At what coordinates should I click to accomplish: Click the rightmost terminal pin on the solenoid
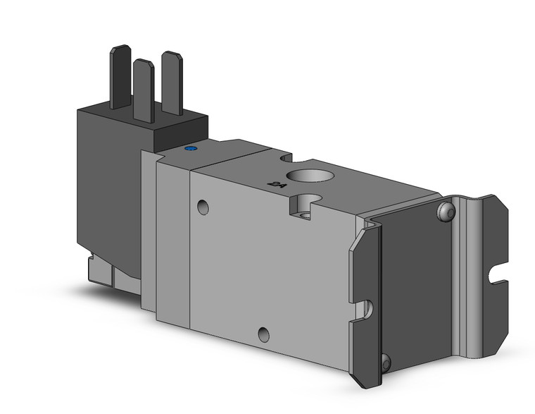tap(172, 81)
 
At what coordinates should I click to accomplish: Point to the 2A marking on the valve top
tap(277, 185)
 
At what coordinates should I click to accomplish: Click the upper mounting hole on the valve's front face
tap(203, 207)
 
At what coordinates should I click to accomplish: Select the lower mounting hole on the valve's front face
tap(263, 334)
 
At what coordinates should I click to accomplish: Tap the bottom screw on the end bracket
tap(386, 363)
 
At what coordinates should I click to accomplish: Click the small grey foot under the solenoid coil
tap(99, 270)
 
